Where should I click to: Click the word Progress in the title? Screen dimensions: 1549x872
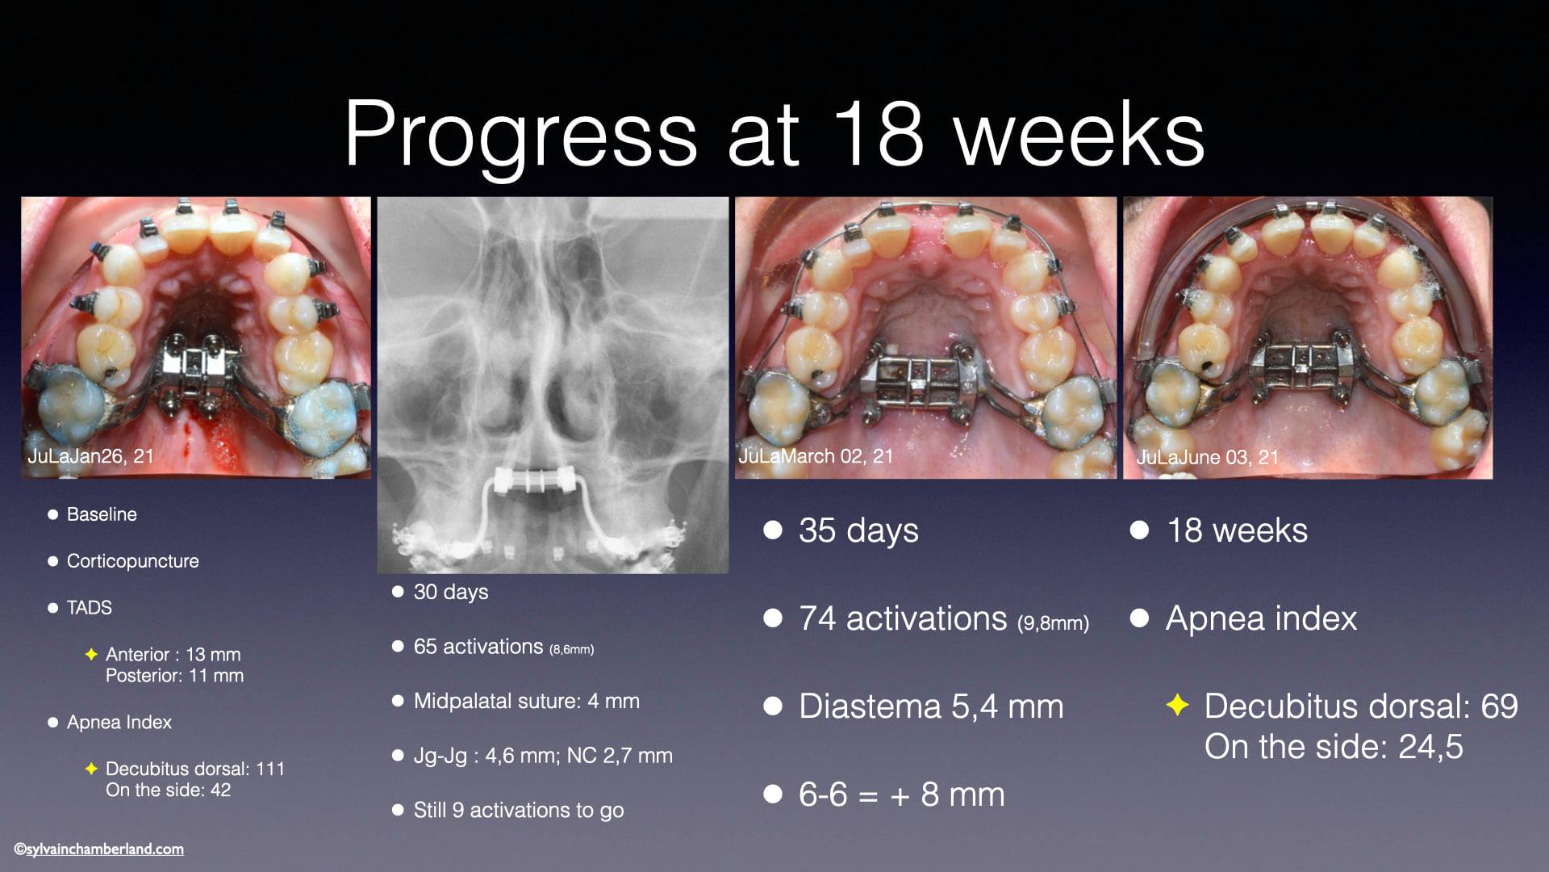[x=520, y=135]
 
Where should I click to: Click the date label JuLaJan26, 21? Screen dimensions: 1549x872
[x=90, y=456]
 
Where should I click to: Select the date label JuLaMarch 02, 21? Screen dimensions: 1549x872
[x=816, y=456]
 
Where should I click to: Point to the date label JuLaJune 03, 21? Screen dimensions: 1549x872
[x=1208, y=457]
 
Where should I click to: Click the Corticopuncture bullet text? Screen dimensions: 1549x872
[x=133, y=561]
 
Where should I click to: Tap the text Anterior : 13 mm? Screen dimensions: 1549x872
[x=173, y=655]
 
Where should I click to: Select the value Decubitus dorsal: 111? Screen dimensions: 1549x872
[x=195, y=769]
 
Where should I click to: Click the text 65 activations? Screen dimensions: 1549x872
[x=478, y=647]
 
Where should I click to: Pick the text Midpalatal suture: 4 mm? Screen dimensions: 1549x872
[x=527, y=701]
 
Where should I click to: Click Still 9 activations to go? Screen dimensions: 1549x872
[x=519, y=811]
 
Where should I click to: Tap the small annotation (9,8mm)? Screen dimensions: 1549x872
[x=1054, y=623]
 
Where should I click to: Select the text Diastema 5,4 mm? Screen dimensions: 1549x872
[x=931, y=706]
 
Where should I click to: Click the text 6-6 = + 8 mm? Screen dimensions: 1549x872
[x=902, y=794]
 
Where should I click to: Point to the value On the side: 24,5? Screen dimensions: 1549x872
[x=1334, y=747]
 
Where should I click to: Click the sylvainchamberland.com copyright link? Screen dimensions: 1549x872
[x=99, y=849]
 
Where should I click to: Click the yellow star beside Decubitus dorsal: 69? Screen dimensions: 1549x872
[x=1178, y=706]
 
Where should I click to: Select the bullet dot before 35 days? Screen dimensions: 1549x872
[x=773, y=530]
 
